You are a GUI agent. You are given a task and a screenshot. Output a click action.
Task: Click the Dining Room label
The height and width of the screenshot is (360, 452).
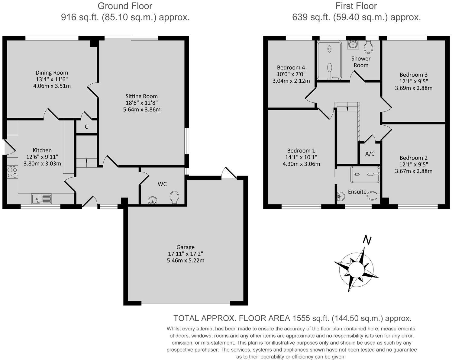pyautogui.click(x=52, y=73)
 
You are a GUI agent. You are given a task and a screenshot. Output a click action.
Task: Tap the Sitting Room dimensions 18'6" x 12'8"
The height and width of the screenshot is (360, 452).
pyautogui.click(x=142, y=103)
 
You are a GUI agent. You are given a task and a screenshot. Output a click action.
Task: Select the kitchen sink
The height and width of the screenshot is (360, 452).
pyautogui.click(x=42, y=198)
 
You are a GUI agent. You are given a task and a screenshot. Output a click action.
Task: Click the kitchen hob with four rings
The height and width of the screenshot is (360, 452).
pyautogui.click(x=12, y=172)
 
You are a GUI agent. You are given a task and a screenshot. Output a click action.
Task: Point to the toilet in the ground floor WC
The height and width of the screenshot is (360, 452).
pyautogui.click(x=174, y=197)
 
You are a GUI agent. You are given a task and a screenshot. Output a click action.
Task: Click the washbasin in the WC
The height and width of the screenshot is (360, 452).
pyautogui.click(x=153, y=200)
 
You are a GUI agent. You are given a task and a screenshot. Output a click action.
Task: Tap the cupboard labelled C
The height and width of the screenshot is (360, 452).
pyautogui.click(x=86, y=127)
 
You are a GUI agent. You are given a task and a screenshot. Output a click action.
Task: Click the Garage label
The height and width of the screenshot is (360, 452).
pyautogui.click(x=186, y=247)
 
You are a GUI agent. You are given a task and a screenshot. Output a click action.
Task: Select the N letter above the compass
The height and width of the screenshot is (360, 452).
pyautogui.click(x=367, y=240)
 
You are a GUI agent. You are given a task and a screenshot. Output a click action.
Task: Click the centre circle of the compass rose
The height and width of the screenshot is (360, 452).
pyautogui.click(x=356, y=269)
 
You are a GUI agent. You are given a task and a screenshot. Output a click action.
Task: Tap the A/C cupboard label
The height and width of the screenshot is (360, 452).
pyautogui.click(x=370, y=154)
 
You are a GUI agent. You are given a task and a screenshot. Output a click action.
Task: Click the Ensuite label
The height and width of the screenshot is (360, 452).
pyautogui.click(x=357, y=191)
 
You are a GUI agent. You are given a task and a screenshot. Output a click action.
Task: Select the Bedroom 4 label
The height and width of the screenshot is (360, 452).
pyautogui.click(x=291, y=67)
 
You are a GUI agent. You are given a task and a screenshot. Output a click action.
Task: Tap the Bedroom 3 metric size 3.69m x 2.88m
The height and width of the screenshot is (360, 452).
pyautogui.click(x=414, y=88)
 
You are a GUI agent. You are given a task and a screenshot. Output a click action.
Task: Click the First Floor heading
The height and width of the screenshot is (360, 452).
pyautogui.click(x=356, y=6)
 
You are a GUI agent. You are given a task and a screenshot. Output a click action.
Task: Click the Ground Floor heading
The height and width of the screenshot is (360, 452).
pyautogui.click(x=125, y=6)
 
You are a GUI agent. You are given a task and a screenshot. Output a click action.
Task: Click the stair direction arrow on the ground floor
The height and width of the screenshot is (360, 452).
pyautogui.click(x=87, y=161)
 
